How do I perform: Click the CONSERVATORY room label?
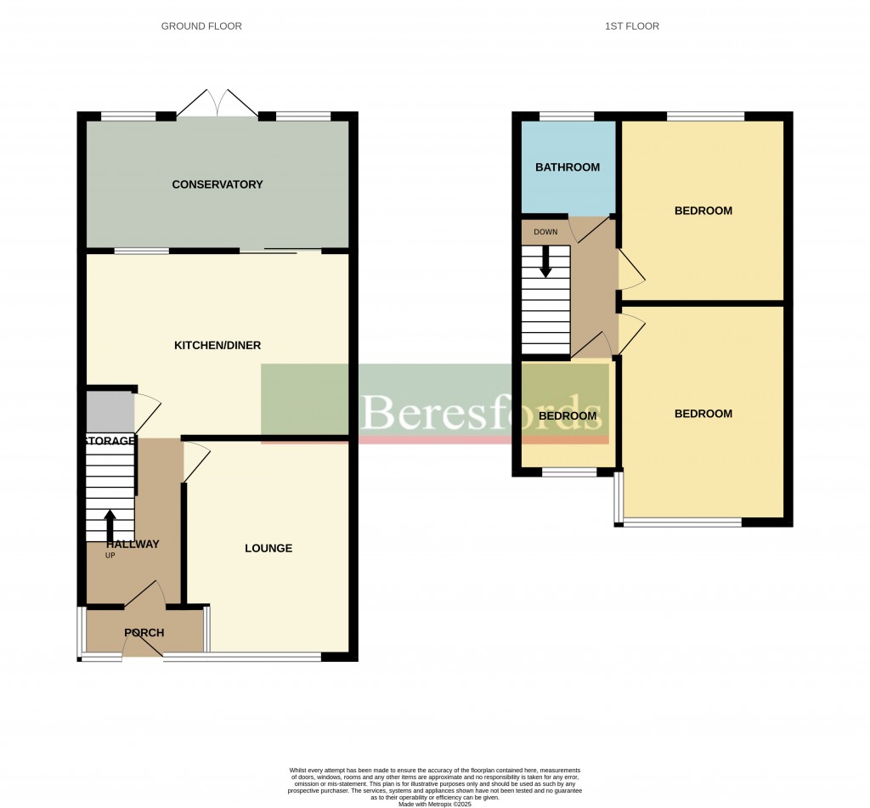tap(217, 184)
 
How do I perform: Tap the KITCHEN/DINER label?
tap(217, 345)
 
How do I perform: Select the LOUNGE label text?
tap(268, 548)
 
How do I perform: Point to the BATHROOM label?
tap(568, 167)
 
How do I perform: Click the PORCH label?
tap(144, 632)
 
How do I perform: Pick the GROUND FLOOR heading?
tap(201, 26)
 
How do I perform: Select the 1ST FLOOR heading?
tap(631, 26)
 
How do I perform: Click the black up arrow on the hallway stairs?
tap(110, 525)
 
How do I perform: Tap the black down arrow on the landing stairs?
tap(545, 261)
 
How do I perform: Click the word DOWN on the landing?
tap(545, 232)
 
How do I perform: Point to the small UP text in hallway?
tap(110, 556)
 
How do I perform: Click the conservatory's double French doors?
tap(218, 104)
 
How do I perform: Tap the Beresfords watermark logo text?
tap(483, 413)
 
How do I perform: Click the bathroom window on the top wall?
tap(567, 116)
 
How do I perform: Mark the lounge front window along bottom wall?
tap(242, 656)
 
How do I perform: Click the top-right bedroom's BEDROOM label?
tap(703, 211)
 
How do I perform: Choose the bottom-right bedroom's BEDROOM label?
tap(703, 414)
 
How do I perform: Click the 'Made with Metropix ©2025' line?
tap(434, 803)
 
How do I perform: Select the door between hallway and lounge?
tap(195, 464)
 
